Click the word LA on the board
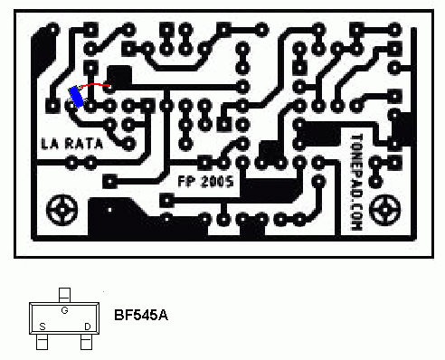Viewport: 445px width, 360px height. (50, 144)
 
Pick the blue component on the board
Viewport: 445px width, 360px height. (77, 97)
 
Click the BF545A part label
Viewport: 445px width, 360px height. (141, 317)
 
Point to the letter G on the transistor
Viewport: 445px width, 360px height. (64, 310)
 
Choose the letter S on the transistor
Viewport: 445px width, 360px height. (42, 326)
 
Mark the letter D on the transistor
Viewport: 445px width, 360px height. (87, 326)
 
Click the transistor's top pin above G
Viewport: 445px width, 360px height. (64, 294)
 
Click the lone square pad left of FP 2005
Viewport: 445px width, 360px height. (109, 181)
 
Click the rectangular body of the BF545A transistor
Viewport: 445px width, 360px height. (64, 319)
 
